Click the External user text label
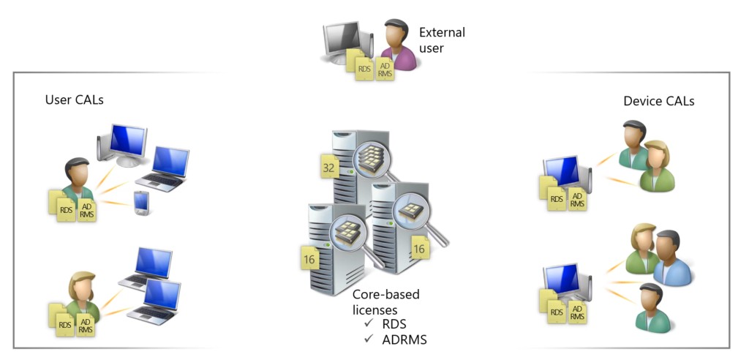pyautogui.click(x=442, y=40)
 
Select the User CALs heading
pyautogui.click(x=75, y=100)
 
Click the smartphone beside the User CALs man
pyautogui.click(x=142, y=203)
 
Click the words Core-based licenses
pyautogui.click(x=386, y=302)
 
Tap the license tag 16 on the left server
pyautogui.click(x=309, y=258)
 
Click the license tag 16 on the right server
pyautogui.click(x=419, y=249)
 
